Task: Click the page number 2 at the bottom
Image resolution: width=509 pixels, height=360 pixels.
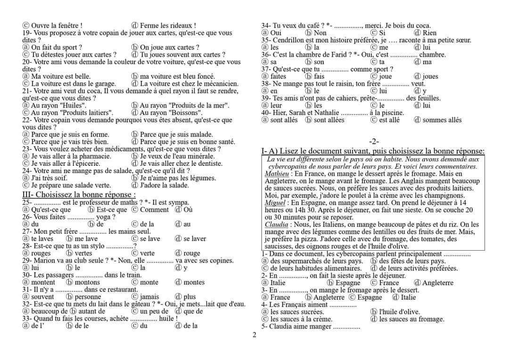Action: (x=254, y=335)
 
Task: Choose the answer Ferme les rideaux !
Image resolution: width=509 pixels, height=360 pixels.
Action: (x=168, y=25)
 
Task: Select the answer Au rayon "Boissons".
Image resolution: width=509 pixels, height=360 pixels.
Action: (x=171, y=113)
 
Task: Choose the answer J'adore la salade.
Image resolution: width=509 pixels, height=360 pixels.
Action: (x=164, y=185)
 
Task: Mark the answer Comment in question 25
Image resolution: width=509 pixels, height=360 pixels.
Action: (x=154, y=210)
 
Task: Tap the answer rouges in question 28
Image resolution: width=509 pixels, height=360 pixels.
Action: (x=41, y=253)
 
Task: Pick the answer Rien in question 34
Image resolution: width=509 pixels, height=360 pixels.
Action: (x=429, y=33)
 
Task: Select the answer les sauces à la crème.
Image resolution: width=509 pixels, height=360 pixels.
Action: (x=301, y=319)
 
